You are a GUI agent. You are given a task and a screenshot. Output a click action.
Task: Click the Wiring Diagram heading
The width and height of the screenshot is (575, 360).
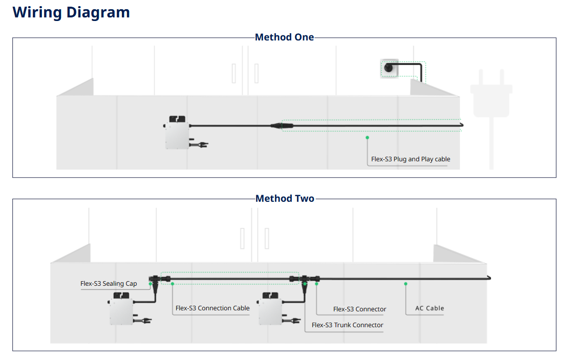click(71, 12)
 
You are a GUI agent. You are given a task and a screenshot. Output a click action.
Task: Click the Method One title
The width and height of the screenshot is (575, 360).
click(284, 37)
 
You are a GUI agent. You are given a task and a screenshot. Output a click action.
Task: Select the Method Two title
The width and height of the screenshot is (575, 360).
click(285, 199)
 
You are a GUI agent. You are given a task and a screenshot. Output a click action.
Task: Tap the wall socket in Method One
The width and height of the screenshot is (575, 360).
click(389, 68)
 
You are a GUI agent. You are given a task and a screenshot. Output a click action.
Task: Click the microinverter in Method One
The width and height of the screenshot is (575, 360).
click(177, 133)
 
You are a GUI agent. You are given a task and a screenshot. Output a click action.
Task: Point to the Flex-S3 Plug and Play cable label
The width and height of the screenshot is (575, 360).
click(411, 159)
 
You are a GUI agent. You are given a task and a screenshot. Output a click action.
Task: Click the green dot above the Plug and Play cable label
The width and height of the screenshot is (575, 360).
click(367, 137)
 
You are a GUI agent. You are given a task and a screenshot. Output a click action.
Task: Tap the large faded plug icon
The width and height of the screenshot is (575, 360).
click(491, 95)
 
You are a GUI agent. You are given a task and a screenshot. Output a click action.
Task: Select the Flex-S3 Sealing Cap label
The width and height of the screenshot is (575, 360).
click(109, 284)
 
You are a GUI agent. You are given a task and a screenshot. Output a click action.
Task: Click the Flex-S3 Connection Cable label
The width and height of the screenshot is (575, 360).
click(212, 308)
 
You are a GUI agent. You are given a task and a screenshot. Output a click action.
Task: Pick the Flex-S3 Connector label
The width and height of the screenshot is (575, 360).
click(359, 309)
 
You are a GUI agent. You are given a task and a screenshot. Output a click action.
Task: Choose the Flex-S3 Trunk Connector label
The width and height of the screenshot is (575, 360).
click(347, 325)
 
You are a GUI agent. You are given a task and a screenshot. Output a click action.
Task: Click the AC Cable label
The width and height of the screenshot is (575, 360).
click(429, 308)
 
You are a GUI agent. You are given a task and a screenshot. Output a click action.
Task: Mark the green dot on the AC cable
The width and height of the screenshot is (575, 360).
click(406, 283)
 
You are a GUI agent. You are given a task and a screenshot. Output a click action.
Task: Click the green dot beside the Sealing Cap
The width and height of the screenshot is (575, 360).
click(151, 283)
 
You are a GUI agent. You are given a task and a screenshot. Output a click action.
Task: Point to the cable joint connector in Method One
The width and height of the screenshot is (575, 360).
click(277, 125)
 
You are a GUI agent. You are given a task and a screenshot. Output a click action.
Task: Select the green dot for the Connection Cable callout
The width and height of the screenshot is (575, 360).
click(173, 283)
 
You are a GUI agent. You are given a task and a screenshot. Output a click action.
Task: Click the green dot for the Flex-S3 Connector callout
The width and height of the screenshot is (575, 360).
click(317, 283)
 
